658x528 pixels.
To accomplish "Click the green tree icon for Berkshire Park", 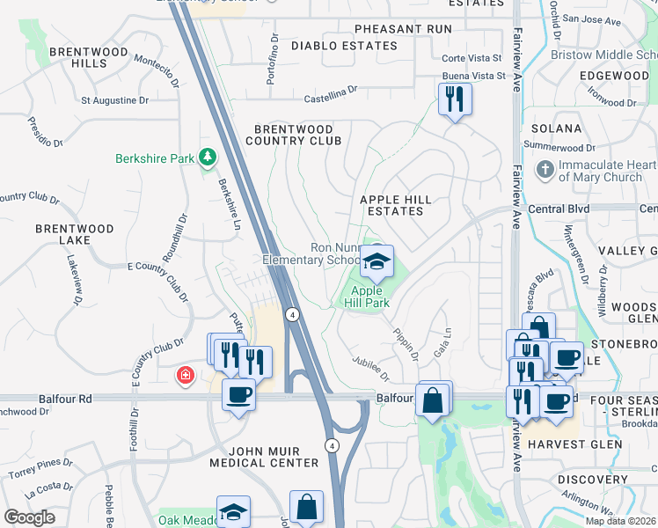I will click(207, 158).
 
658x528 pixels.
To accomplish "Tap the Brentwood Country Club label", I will click(293, 135).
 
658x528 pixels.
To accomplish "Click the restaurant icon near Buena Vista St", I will click(455, 99).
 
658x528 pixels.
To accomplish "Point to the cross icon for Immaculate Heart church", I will click(545, 169).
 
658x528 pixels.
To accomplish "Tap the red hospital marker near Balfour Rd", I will click(185, 377).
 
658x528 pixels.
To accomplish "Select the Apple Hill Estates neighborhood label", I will click(396, 206).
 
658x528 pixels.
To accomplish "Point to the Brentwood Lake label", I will click(75, 234).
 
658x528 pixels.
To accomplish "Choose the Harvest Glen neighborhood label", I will click(575, 444).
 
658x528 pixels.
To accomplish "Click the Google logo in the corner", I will click(29, 517).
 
